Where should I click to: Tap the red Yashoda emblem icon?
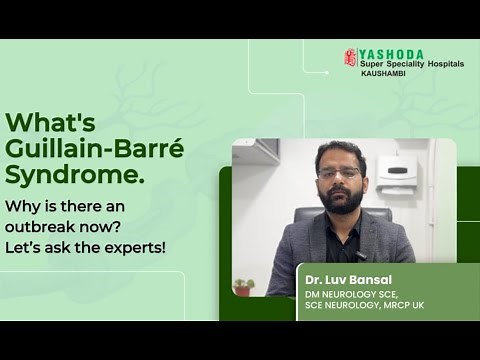click(350, 58)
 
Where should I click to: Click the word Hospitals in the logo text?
click(442, 65)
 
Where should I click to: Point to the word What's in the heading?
click(51, 123)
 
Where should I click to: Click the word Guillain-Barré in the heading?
click(95, 150)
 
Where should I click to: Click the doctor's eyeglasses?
click(341, 173)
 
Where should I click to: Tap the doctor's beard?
click(341, 194)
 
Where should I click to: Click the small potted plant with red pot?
click(242, 287)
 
